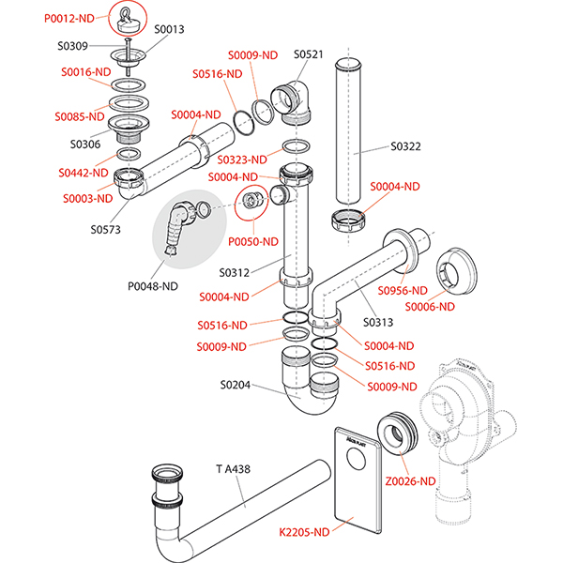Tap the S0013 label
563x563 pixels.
tap(171, 30)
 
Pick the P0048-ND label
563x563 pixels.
tap(154, 286)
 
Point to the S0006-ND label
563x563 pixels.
tap(431, 306)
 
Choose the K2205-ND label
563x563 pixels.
tap(306, 532)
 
